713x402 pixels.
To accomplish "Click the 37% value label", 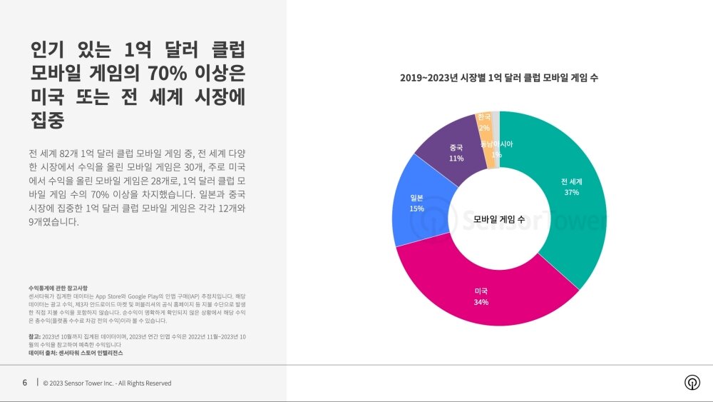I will (x=571, y=192).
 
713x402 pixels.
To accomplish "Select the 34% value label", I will (x=481, y=303).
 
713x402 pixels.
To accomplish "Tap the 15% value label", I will (x=416, y=208).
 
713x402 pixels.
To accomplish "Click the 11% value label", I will (x=456, y=158).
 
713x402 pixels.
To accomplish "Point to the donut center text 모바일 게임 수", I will (x=499, y=220).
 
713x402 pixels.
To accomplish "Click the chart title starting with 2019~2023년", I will (x=499, y=78).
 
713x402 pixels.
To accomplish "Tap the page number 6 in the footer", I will (x=25, y=383).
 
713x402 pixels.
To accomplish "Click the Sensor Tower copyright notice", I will (x=107, y=383).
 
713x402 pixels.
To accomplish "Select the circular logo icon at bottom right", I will (x=692, y=382).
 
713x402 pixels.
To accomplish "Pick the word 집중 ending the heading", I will (x=48, y=120).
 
